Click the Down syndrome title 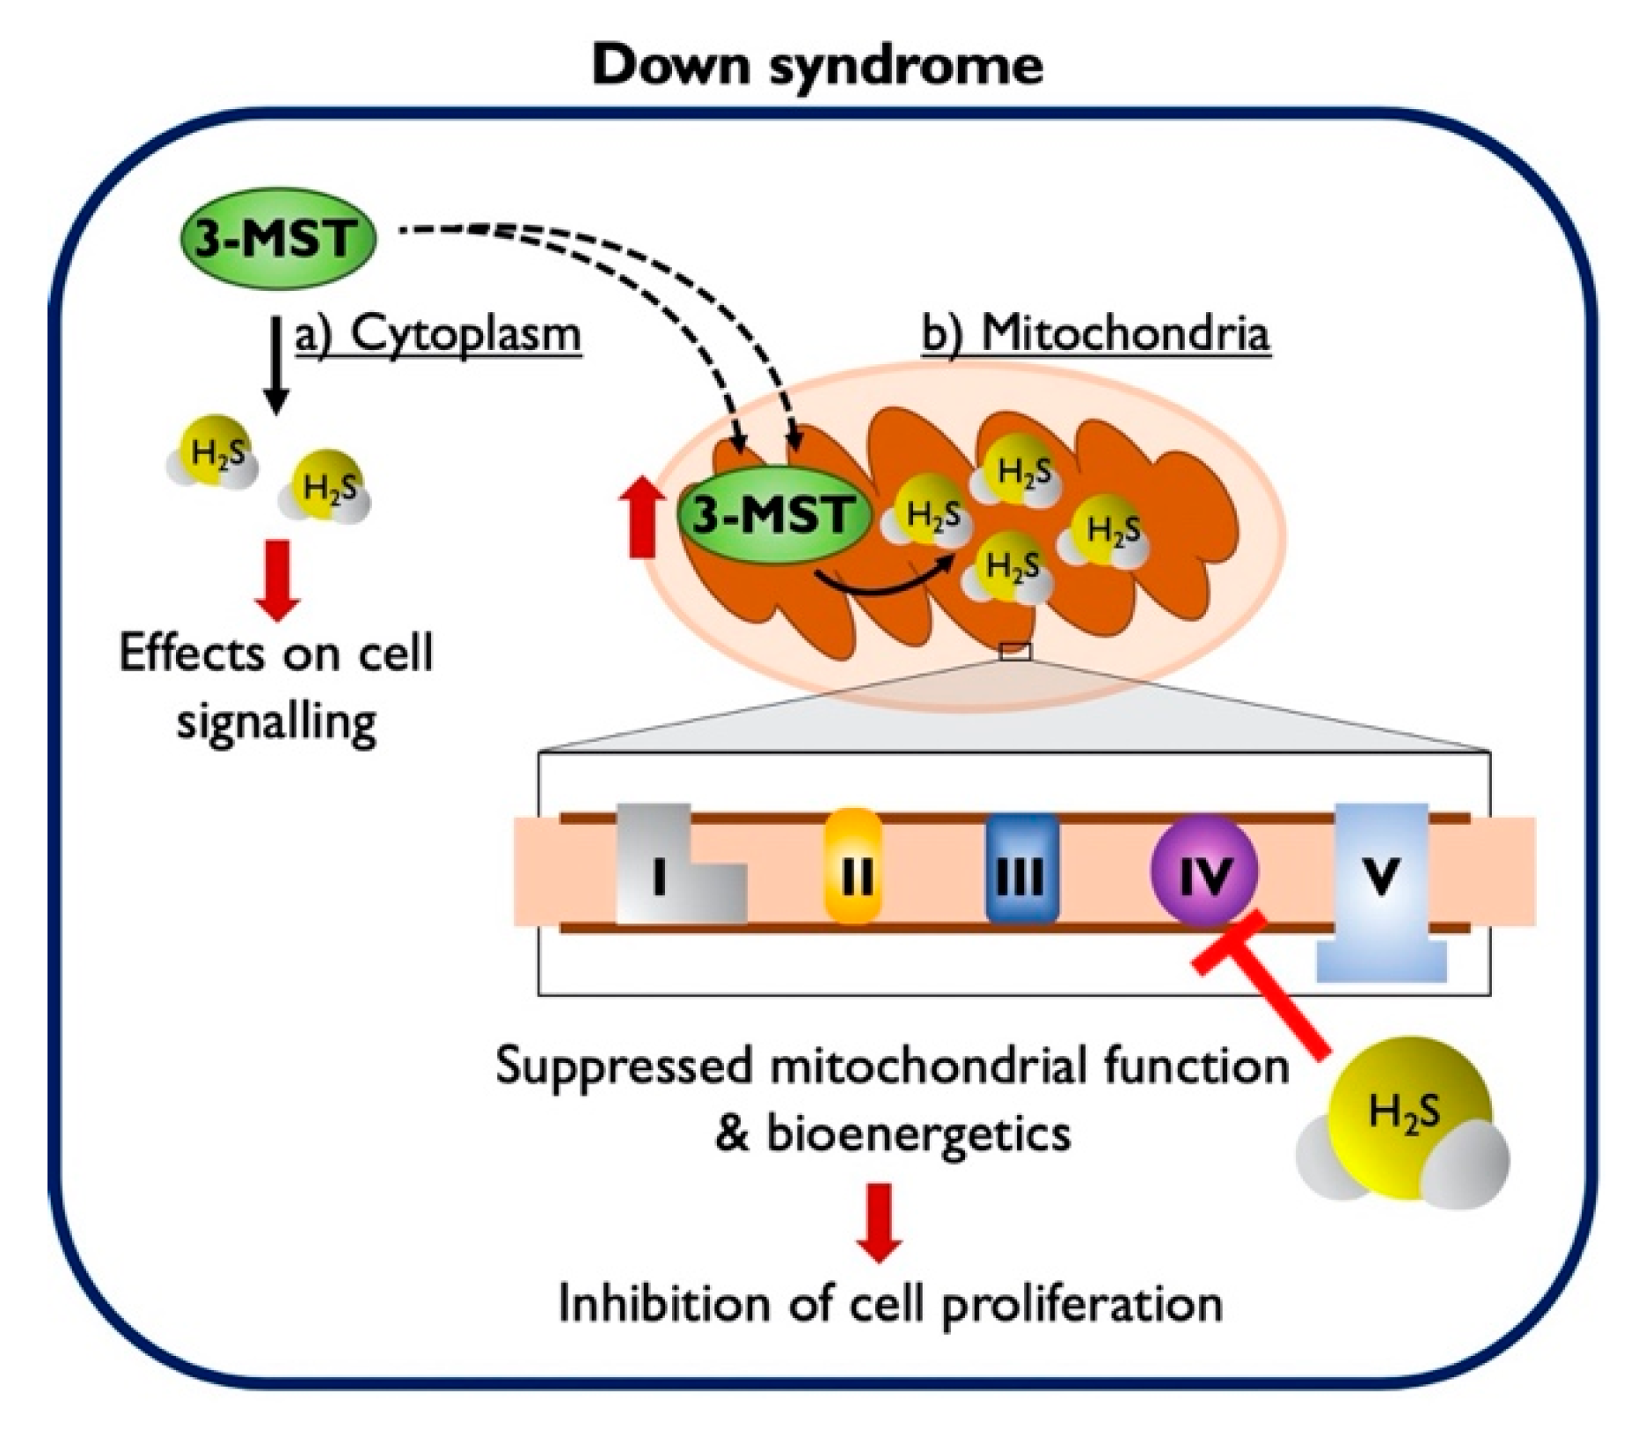click(817, 66)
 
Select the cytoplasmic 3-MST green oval click(277, 238)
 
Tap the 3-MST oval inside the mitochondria click(773, 514)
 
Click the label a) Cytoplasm click(437, 335)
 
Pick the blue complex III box click(1021, 869)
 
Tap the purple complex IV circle click(1204, 870)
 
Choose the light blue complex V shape click(1380, 879)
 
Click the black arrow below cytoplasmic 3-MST click(277, 365)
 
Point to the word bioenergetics click(919, 1133)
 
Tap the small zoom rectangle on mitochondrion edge click(1015, 652)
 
